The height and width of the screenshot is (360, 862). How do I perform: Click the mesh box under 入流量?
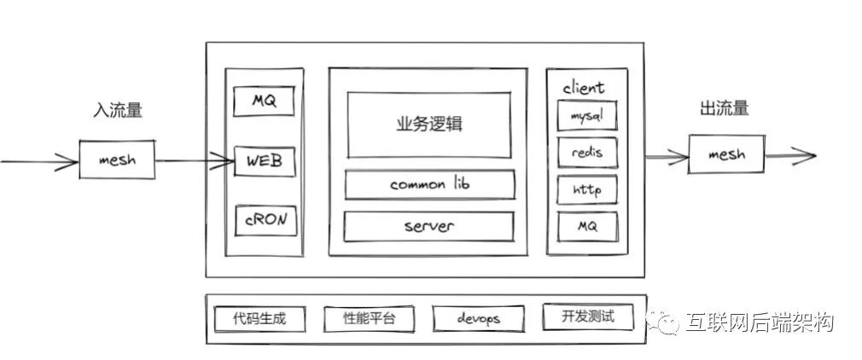[x=117, y=160]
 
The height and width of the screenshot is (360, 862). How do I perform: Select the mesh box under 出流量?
[x=726, y=154]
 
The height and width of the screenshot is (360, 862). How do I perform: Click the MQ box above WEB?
[x=264, y=102]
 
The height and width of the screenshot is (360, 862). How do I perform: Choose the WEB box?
[x=265, y=160]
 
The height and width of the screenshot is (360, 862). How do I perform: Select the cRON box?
[x=265, y=219]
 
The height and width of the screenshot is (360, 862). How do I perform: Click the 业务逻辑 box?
[x=429, y=125]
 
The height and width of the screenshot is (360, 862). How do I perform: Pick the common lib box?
[x=429, y=184]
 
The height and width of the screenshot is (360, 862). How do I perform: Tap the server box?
[x=428, y=226]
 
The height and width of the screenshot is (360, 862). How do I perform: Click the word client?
[x=584, y=87]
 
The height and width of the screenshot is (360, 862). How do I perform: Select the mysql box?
[x=585, y=113]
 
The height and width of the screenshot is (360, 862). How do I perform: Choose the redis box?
[x=585, y=152]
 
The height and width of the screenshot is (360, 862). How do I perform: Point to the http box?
[x=585, y=189]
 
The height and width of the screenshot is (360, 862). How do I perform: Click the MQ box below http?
[x=585, y=227]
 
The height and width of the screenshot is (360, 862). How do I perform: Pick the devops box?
[x=478, y=319]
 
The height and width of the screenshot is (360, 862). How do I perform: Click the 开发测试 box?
[x=589, y=317]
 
